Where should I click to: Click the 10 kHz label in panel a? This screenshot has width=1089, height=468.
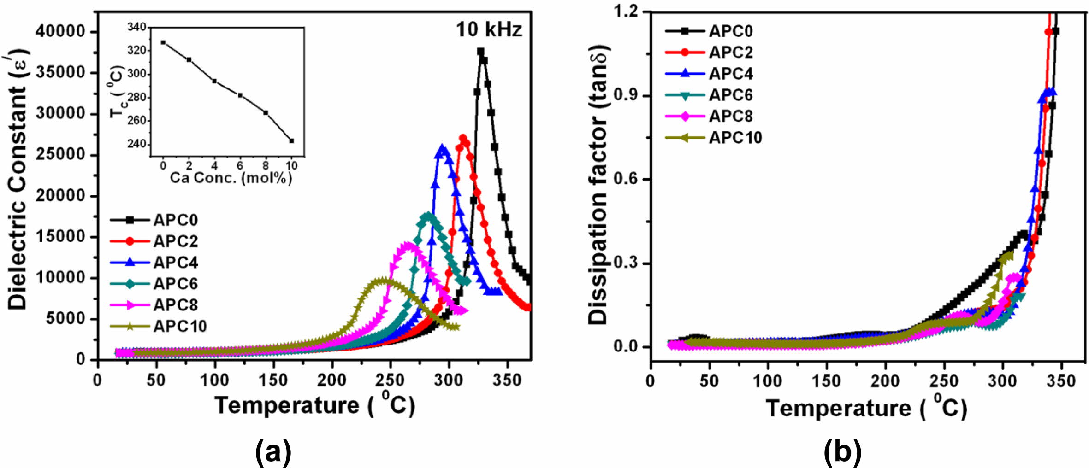[x=489, y=30]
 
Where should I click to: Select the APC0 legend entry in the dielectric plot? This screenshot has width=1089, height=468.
[x=175, y=220]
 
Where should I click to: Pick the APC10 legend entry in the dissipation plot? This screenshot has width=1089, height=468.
[x=735, y=137]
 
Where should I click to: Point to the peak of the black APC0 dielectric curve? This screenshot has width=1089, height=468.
[x=480, y=52]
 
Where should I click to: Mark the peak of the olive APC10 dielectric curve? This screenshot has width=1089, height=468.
[x=383, y=281]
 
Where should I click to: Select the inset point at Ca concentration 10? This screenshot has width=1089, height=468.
[x=291, y=141]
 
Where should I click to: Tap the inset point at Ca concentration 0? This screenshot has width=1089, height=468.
[x=163, y=42]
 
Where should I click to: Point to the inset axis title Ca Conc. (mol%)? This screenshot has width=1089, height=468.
[x=231, y=178]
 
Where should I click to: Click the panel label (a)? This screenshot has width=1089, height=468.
[x=273, y=451]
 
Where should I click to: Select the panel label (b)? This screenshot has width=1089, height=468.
[x=842, y=451]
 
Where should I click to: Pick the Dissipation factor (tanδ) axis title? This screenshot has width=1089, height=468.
[x=598, y=184]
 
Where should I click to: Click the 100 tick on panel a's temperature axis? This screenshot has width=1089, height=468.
[x=215, y=380]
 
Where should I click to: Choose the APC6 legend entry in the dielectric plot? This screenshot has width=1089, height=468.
[x=175, y=284]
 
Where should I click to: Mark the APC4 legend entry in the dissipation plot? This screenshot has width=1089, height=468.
[x=731, y=74]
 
